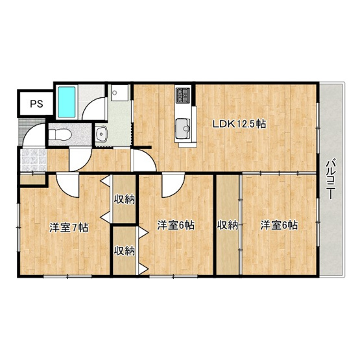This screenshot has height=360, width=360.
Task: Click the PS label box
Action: click(36, 104)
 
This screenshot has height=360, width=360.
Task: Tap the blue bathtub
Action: click(67, 102)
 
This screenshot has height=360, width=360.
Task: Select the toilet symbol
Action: click(59, 134)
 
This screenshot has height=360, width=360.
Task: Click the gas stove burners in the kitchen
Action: click(183, 95)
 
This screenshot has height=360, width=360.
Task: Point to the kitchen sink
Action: click(183, 129)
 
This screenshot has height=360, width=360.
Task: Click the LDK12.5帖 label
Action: click(239, 124)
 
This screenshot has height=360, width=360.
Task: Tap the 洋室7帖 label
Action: click(69, 228)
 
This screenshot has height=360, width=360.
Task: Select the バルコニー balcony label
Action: click(330, 180)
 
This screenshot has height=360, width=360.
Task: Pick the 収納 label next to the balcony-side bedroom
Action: click(228, 225)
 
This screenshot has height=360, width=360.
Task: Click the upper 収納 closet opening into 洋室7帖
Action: click(124, 199)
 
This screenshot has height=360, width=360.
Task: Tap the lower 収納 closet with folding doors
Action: click(124, 250)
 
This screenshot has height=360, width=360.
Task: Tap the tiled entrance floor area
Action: click(34, 160)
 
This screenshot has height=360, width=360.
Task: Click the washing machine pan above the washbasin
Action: click(120, 93)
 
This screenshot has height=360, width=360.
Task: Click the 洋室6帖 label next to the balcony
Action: click(279, 225)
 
